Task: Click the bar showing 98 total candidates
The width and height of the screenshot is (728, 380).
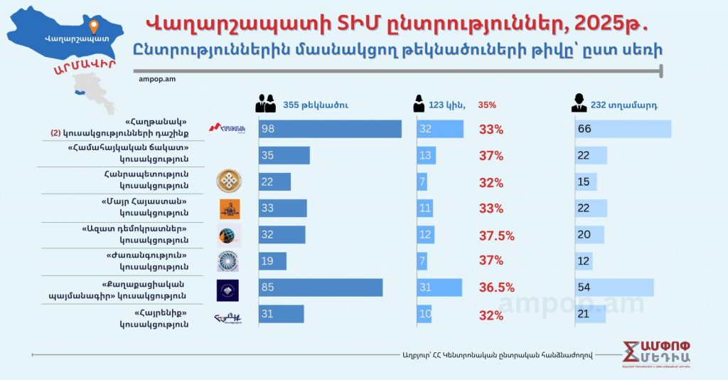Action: click(330, 129)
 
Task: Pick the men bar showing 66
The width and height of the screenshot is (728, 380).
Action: click(623, 129)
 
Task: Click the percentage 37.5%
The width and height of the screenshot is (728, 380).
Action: click(496, 236)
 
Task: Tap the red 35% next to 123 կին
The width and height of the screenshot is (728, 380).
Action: click(487, 105)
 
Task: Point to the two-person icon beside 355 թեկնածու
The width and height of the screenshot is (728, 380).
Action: click(265, 105)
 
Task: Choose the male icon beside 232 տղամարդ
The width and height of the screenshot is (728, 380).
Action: click(579, 105)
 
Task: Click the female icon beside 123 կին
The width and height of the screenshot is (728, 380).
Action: click(419, 105)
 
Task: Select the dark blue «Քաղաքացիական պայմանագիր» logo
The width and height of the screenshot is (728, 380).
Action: click(227, 290)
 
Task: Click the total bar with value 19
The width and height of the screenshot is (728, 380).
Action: click(272, 261)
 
